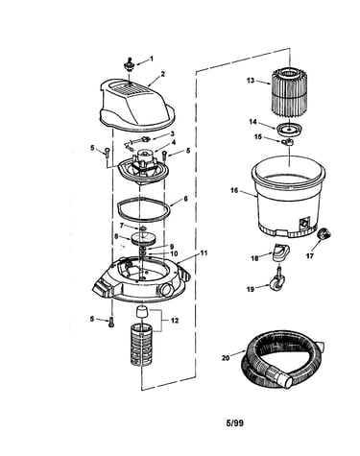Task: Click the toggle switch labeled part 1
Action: pos(130,65)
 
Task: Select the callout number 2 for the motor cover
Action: pos(163,74)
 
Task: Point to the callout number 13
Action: pos(251,81)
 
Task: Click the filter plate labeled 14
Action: pos(289,129)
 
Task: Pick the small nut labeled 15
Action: pos(288,141)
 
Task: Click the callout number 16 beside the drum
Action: pos(234,190)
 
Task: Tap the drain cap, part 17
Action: pos(324,234)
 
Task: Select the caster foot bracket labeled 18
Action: pos(279,252)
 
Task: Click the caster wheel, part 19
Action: pos(276,279)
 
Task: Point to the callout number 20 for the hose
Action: pos(226,357)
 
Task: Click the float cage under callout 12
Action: pos(140,344)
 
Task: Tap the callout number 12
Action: pos(175,321)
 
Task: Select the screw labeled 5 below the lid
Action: pos(111,322)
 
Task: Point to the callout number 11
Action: pos(204,252)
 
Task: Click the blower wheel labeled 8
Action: pos(143,239)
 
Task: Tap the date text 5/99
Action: pos(234,423)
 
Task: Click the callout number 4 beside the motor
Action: pos(174,142)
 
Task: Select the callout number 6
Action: pos(185,199)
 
